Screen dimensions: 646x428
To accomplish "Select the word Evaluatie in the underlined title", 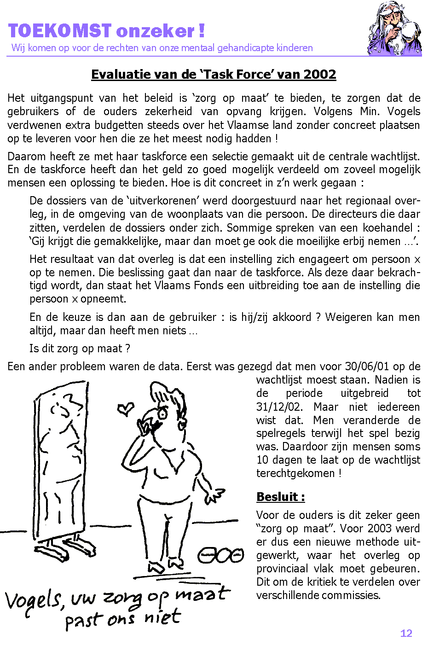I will coord(117,74).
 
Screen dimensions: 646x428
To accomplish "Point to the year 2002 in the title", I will coord(320,74).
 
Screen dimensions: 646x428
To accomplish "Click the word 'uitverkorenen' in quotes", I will coord(162,201).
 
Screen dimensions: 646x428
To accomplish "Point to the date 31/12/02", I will coord(278,407).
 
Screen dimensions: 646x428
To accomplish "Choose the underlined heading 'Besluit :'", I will coord(280,497).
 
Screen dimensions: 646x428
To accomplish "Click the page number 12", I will coord(406,633).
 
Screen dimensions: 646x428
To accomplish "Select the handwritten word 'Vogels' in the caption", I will coord(33,600).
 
